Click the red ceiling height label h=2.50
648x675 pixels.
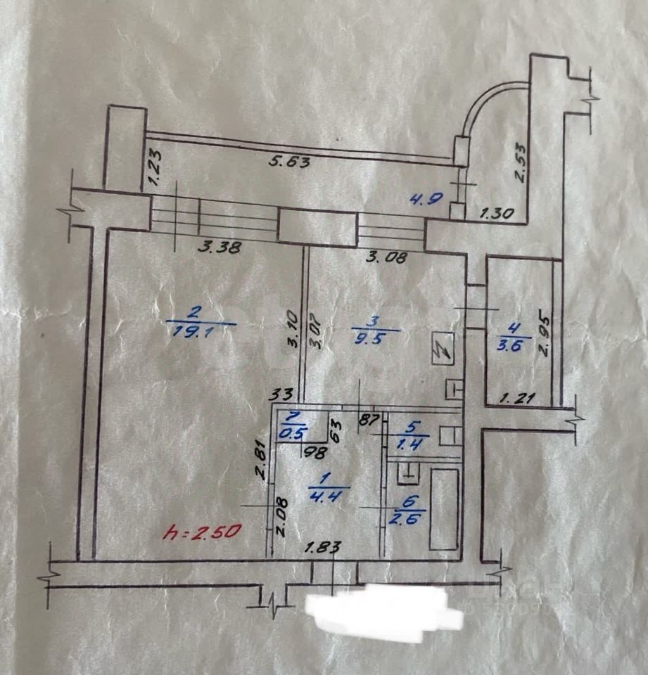(x=203, y=532)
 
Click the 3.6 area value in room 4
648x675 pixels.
(x=515, y=345)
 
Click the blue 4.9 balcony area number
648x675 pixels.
(x=426, y=198)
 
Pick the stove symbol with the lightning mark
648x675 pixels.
(x=444, y=347)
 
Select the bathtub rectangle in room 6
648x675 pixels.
(x=443, y=508)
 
